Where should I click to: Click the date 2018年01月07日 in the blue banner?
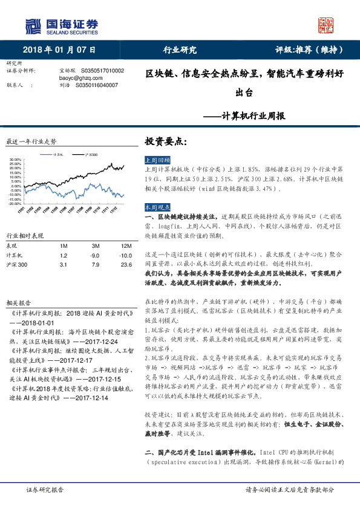click(x=59, y=50)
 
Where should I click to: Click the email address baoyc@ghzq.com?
click(x=76, y=78)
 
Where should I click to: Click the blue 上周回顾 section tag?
click(x=157, y=160)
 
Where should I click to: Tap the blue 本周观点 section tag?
click(x=157, y=207)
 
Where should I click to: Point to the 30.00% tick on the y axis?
click(x=16, y=160)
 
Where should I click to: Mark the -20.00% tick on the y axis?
click(x=16, y=204)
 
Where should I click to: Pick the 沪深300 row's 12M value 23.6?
click(x=126, y=265)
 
